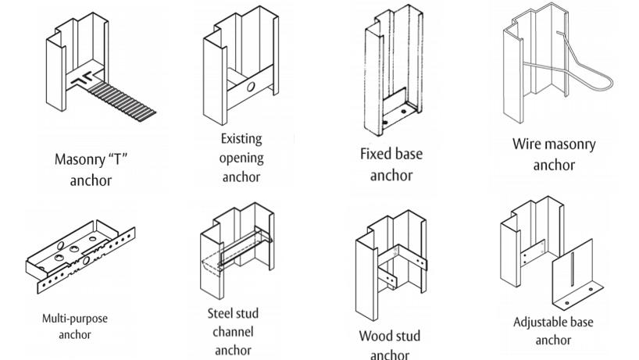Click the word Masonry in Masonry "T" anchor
77,160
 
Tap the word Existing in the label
241,139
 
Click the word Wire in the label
528,144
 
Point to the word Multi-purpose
75,319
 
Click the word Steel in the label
222,314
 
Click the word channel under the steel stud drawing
233,332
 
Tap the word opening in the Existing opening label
241,158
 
